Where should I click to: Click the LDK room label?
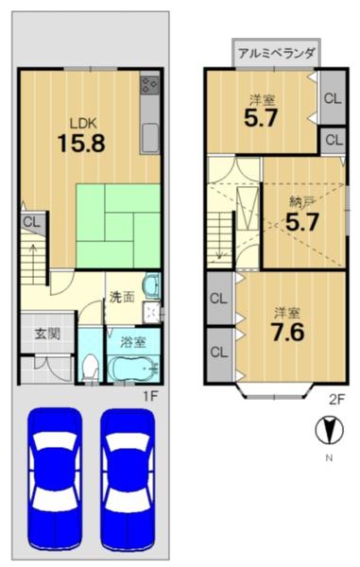pyautogui.click(x=83, y=123)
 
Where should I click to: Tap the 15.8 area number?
pyautogui.click(x=81, y=143)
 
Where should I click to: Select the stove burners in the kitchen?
pyautogui.click(x=149, y=85)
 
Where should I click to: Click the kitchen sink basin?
pyautogui.click(x=149, y=138)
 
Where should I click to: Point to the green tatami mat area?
pyautogui.click(x=118, y=226)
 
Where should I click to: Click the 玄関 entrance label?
pyautogui.click(x=47, y=334)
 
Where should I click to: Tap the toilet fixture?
pyautogui.click(x=90, y=368)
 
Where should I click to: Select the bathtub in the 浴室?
pyautogui.click(x=133, y=368)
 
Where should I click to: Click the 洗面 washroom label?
pyautogui.click(x=122, y=298)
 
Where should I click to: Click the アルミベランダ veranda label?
pyautogui.click(x=277, y=54)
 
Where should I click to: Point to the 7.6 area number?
pyautogui.click(x=287, y=333)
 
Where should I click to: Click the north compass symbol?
pyautogui.click(x=329, y=430)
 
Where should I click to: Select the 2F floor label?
pyautogui.click(x=337, y=399)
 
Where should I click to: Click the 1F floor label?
pyautogui.click(x=150, y=397)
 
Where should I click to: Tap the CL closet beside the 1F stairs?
pyautogui.click(x=33, y=222)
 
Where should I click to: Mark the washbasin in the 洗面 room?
pyautogui.click(x=152, y=285)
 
